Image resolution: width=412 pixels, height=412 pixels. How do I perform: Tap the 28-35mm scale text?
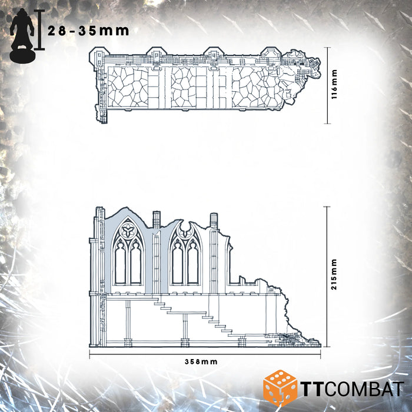[89, 31]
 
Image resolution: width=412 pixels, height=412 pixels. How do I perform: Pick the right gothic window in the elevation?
[185, 255]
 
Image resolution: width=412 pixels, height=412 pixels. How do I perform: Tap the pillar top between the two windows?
[156, 218]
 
